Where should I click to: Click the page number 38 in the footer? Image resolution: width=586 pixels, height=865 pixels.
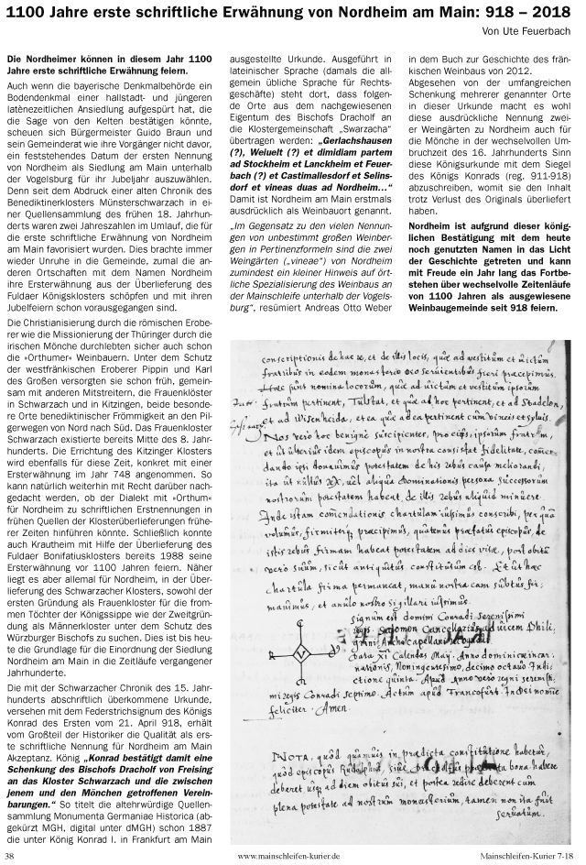tap(10, 856)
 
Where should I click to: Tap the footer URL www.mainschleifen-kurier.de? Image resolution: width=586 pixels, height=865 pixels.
tap(288, 856)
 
